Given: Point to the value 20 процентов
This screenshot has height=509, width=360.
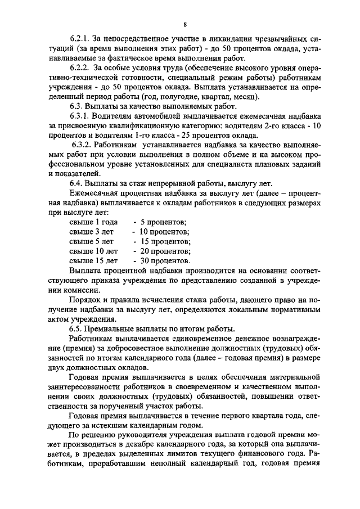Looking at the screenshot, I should coord(161,251).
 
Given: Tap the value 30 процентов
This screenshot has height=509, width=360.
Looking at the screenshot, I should coord(161,260).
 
